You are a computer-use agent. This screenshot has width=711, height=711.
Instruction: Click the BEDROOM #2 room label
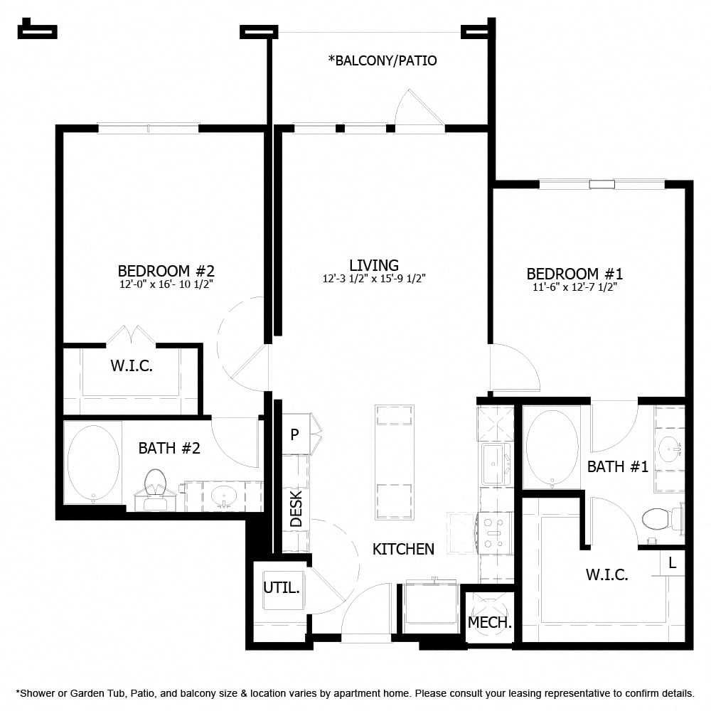166,271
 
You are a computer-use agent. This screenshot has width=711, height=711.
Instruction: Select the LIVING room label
373,265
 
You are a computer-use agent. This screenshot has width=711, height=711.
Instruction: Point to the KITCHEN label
403,549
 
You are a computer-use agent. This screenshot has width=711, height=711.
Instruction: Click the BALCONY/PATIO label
383,60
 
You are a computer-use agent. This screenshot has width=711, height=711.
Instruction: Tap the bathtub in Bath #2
92,464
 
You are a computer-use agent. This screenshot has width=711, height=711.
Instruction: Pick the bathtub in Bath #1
552,447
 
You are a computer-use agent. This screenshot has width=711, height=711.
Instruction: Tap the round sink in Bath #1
670,449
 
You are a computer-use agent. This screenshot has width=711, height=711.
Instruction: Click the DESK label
296,508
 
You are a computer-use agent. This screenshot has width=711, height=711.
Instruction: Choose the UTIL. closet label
282,589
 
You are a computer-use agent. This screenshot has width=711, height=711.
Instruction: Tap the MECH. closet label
490,623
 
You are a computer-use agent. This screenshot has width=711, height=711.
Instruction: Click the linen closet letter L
673,562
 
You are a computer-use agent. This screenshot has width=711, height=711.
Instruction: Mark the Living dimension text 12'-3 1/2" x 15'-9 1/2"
373,279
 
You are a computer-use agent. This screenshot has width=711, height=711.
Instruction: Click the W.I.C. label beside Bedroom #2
132,367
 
